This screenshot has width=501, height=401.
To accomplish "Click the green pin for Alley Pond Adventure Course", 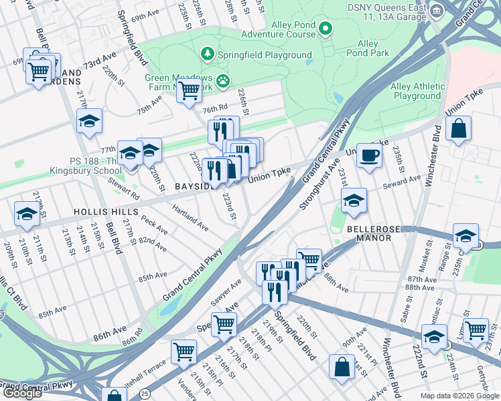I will tap(326, 28).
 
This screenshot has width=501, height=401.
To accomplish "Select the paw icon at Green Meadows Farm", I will tap(223, 82).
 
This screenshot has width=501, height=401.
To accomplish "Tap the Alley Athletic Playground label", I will tap(417, 92).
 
